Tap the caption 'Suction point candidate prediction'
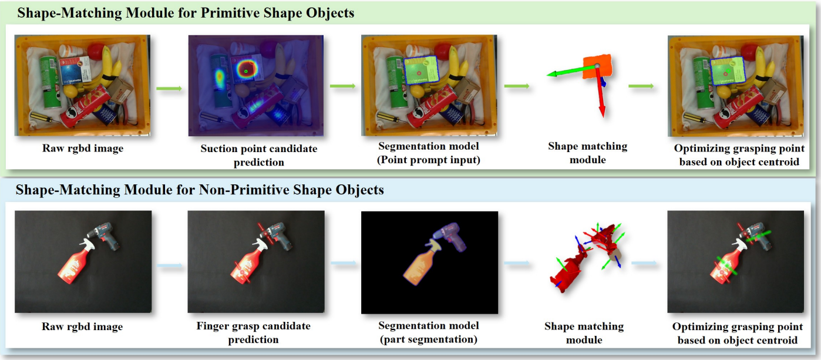click(x=259, y=155)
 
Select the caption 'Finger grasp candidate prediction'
click(x=253, y=332)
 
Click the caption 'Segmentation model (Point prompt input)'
click(x=429, y=153)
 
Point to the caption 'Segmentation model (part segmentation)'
click(x=429, y=332)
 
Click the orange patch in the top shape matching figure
click(x=597, y=66)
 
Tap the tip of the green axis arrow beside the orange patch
click(x=547, y=75)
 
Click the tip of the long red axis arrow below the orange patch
click(x=602, y=117)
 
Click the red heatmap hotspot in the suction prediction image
click(x=246, y=70)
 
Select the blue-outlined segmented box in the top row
click(x=421, y=70)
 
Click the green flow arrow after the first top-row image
click(x=169, y=88)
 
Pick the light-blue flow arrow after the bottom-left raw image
click(x=169, y=265)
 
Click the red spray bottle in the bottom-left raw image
click(x=75, y=262)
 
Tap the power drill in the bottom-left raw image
click(x=106, y=235)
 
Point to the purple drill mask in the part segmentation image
click(x=450, y=237)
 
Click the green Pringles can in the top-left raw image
click(x=50, y=82)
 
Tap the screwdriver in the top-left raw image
click(x=45, y=118)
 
